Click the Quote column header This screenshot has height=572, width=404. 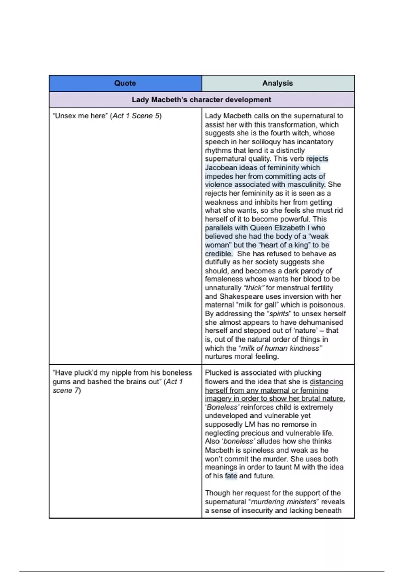pyautogui.click(x=125, y=83)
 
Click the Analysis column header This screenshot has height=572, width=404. pyautogui.click(x=277, y=83)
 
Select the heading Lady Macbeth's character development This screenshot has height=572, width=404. pyautogui.click(x=201, y=100)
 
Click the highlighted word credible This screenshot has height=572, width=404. pyautogui.click(x=218, y=254)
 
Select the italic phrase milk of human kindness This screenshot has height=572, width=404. pyautogui.click(x=281, y=348)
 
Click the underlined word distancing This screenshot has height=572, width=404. pyautogui.click(x=326, y=382)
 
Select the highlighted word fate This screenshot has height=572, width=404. pyautogui.click(x=231, y=476)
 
